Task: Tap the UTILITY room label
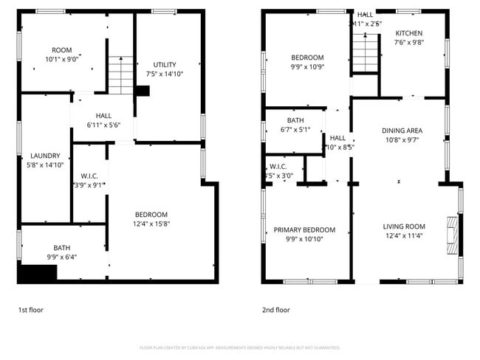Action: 164,64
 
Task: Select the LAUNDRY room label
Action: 45,156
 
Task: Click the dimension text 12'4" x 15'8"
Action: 151,224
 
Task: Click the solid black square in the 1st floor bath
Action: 38,274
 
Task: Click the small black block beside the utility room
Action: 143,91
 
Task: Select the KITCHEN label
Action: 408,34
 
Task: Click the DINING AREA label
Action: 402,130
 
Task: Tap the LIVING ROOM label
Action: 404,226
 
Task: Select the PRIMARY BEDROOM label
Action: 304,229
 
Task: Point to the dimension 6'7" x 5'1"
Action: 295,129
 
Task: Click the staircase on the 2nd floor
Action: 364,52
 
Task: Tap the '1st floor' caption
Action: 30,310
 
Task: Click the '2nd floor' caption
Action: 276,310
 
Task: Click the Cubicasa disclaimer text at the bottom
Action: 240,347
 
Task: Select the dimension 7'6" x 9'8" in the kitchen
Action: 408,43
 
